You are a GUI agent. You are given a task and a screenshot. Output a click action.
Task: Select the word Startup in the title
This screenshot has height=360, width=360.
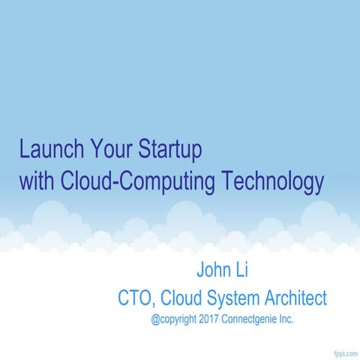coord(170,151)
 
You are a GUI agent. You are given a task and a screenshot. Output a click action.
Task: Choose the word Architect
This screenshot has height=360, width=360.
coord(296,298)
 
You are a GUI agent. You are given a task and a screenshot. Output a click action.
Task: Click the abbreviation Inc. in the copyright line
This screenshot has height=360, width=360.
coord(286,319)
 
